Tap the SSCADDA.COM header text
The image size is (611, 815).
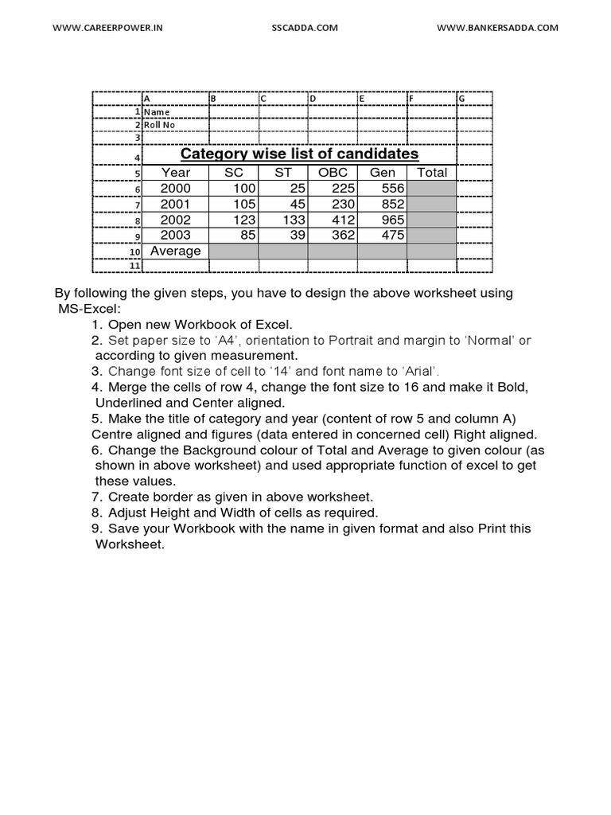305,27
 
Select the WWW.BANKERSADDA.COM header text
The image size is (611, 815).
497,27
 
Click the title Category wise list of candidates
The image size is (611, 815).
299,154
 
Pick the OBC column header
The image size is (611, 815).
333,173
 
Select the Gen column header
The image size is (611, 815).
383,173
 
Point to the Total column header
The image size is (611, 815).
432,173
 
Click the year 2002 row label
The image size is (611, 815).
176,220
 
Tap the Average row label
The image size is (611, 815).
176,251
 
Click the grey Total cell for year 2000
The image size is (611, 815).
432,189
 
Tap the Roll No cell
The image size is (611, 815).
159,125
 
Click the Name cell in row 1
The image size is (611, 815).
157,112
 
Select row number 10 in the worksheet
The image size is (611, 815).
135,252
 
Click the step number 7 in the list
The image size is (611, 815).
97,497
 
